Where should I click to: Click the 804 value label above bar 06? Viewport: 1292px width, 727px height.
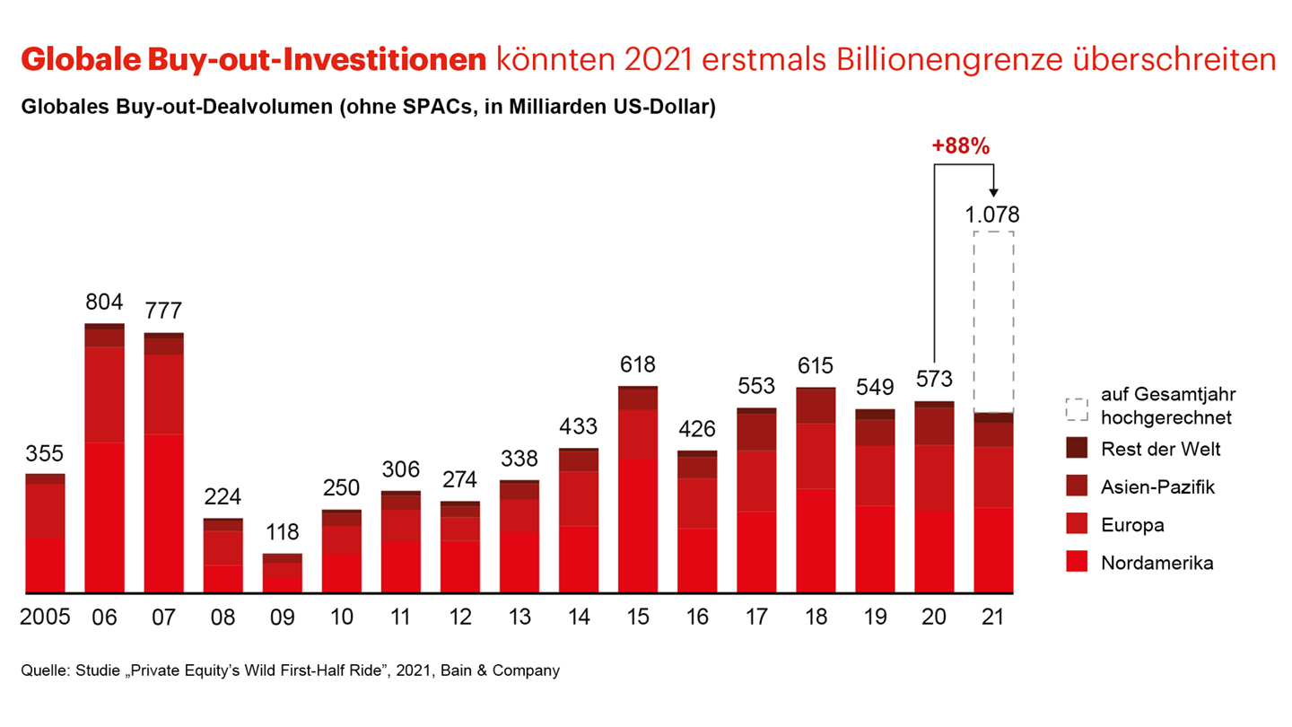point(104,302)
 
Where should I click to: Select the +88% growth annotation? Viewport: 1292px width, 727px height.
point(961,147)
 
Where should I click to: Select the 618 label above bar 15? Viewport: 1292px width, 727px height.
point(638,364)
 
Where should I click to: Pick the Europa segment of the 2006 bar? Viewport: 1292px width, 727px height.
point(104,395)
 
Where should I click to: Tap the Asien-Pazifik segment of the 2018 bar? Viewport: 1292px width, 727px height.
point(816,406)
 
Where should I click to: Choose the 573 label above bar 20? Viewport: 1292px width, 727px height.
point(934,379)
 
